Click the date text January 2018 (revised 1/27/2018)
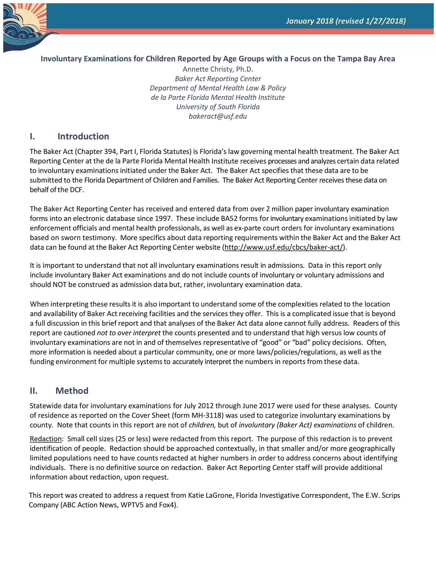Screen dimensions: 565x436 pyautogui.click(x=346, y=21)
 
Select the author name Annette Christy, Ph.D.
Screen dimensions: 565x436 pyautogui.click(x=218, y=69)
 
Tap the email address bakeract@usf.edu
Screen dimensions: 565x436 pyautogui.click(x=218, y=116)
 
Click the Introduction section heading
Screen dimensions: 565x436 pyautogui.click(x=83, y=136)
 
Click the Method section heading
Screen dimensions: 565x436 pyautogui.click(x=72, y=391)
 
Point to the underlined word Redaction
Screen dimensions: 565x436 pyautogui.click(x=46, y=439)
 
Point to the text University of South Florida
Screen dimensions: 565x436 pyautogui.click(x=218, y=107)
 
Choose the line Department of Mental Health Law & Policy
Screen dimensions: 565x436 pyautogui.click(x=218, y=88)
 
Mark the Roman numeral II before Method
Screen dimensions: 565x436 pyautogui.click(x=33, y=391)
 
